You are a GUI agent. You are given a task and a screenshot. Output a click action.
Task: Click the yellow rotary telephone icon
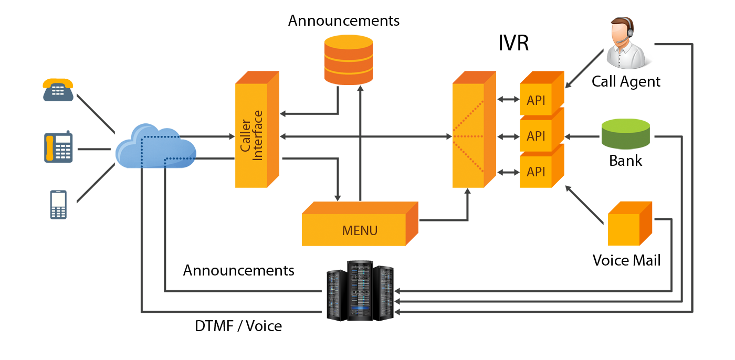point(58,89)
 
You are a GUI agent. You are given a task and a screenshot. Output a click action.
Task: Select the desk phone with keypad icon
point(58,146)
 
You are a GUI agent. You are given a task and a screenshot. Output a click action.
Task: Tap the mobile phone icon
point(58,205)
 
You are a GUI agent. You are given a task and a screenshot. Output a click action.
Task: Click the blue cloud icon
point(155,146)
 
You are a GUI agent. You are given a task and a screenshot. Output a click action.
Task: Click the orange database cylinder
point(349,59)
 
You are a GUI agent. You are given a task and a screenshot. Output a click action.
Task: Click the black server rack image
point(360,291)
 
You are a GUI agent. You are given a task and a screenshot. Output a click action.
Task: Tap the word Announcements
point(238,271)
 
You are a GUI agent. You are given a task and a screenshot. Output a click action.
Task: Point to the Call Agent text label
point(625,82)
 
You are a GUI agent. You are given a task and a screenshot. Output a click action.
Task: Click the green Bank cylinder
point(625,134)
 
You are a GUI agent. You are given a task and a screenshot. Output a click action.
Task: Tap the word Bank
point(625,161)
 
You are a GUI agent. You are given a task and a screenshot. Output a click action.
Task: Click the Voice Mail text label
point(625,260)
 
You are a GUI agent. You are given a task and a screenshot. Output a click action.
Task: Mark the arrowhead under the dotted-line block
point(467,192)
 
